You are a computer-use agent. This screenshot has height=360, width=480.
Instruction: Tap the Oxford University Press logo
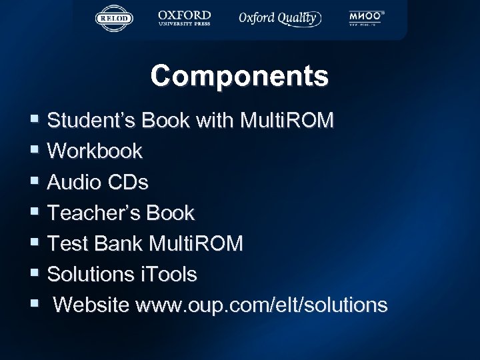tap(184, 18)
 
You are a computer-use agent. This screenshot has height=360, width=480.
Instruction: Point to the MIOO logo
tap(366, 19)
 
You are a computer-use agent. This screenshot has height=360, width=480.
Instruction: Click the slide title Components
tap(239, 76)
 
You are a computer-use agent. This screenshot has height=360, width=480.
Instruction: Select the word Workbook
tap(95, 151)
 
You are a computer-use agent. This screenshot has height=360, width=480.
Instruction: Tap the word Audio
tap(75, 182)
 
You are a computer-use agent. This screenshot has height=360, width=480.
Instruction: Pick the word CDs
tap(127, 182)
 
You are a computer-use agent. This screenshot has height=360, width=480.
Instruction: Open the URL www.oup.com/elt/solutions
tap(261, 305)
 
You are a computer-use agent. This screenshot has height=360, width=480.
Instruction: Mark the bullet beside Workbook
tap(35, 151)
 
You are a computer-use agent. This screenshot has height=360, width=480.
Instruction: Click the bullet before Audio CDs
tap(35, 182)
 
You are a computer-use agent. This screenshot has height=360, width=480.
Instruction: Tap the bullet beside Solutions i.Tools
tap(35, 274)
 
